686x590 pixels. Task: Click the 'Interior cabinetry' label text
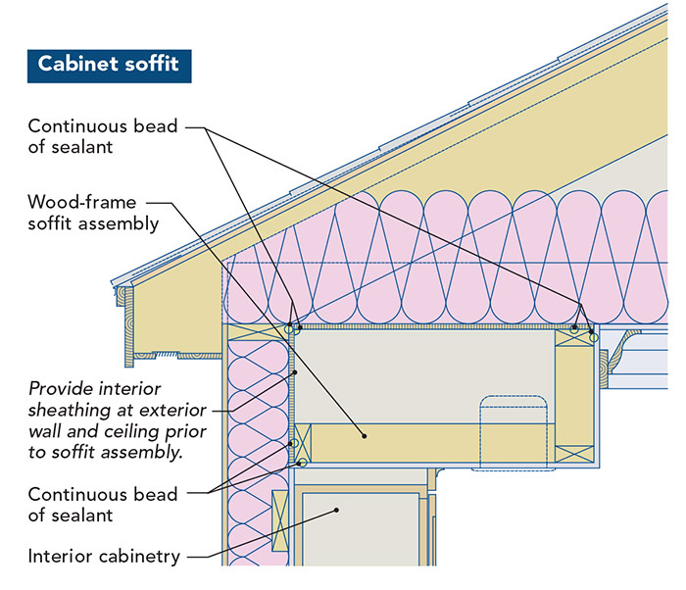coord(103,557)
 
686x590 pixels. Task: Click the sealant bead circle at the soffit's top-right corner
coord(593,337)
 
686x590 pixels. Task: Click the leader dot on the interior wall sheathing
coord(294,373)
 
